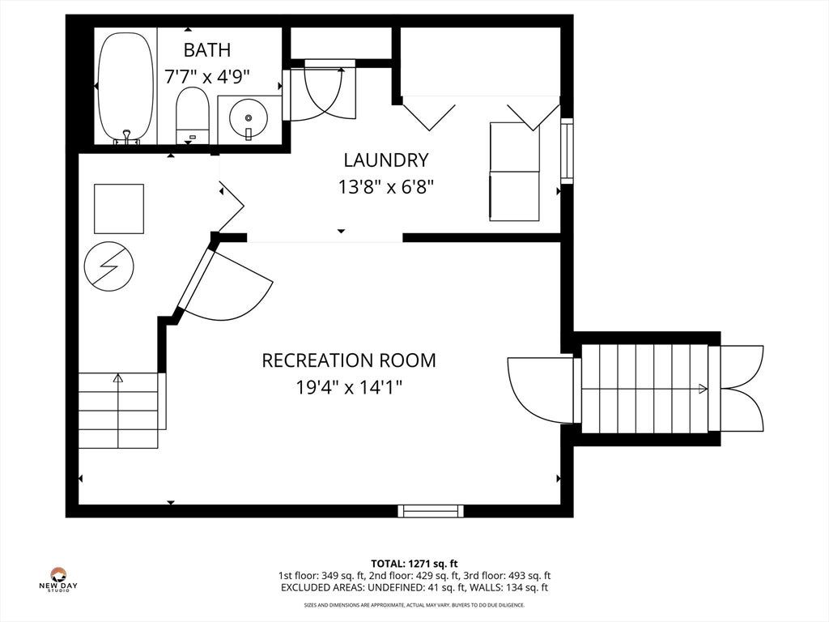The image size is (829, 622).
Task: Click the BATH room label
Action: pos(206,49)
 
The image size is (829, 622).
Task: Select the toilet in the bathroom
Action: pos(192,115)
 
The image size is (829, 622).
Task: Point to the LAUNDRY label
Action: pos(386,160)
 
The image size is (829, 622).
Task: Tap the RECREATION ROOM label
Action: pos(349,360)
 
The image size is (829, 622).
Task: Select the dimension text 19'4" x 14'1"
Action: pos(349,388)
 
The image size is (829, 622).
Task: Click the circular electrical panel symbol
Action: pos(109,266)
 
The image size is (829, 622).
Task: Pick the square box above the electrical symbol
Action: pos(119,208)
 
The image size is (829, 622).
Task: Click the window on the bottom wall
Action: pos(431,510)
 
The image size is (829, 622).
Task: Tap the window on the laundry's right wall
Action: pos(567,151)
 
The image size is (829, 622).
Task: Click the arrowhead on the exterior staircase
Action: pos(703,389)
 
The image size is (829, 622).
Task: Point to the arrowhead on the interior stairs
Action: pos(118,378)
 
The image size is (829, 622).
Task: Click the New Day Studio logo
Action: pos(58,579)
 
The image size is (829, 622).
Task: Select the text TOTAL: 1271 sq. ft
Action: pos(414,564)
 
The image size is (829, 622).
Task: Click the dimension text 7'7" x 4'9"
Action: pos(206,77)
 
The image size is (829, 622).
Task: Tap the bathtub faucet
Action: pos(126,136)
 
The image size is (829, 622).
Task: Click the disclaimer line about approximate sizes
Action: pos(414,604)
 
